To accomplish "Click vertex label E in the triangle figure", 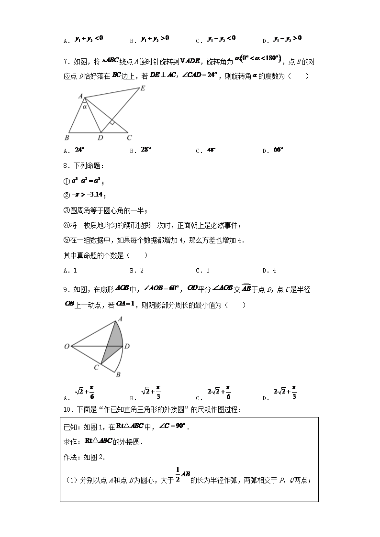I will point(142,88).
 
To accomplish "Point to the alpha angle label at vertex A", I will point(85,107).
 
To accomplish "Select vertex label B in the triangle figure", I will point(67,138).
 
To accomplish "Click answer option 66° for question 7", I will point(279,150).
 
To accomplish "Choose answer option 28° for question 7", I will point(146,150).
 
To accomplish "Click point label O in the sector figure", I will point(67,346).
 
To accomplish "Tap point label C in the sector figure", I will point(96,367).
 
